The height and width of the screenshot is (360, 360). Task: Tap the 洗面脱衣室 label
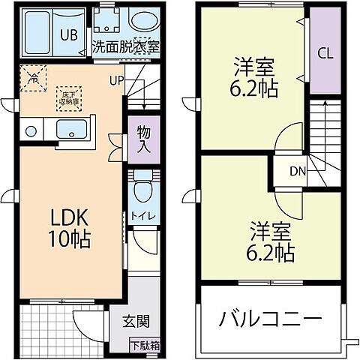coord(126,46)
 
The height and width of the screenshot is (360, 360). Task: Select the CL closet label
coord(325,53)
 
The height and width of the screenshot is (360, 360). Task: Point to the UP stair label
coord(116,80)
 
